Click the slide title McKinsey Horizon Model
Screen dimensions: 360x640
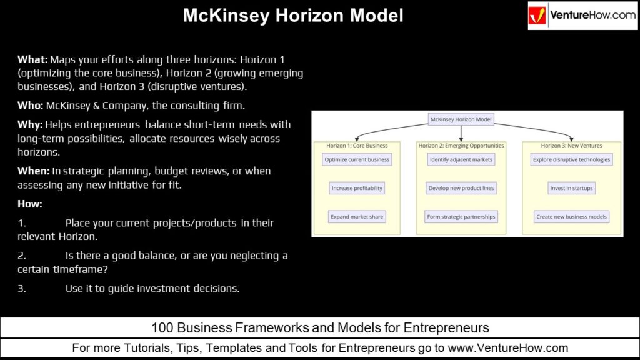click(293, 16)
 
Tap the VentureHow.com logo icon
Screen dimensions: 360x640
click(538, 16)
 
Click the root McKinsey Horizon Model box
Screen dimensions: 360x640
click(461, 119)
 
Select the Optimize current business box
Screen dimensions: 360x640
click(357, 159)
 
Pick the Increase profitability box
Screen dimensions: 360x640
click(357, 188)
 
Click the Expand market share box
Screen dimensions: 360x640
click(357, 217)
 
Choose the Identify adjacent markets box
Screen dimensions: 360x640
click(461, 159)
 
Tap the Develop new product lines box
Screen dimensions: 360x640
click(461, 188)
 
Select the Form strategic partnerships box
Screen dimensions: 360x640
click(461, 217)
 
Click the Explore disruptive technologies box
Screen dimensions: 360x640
click(572, 159)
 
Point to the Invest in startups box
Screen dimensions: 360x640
click(572, 188)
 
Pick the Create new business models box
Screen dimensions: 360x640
click(572, 217)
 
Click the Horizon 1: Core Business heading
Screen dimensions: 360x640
click(357, 146)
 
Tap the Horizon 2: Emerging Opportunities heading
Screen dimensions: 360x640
click(461, 146)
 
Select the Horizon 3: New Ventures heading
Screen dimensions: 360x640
click(572, 146)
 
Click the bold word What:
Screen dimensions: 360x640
click(32, 59)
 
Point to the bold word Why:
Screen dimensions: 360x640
click(30, 124)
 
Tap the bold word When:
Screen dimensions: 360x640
click(33, 171)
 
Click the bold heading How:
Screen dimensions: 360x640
click(30, 204)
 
